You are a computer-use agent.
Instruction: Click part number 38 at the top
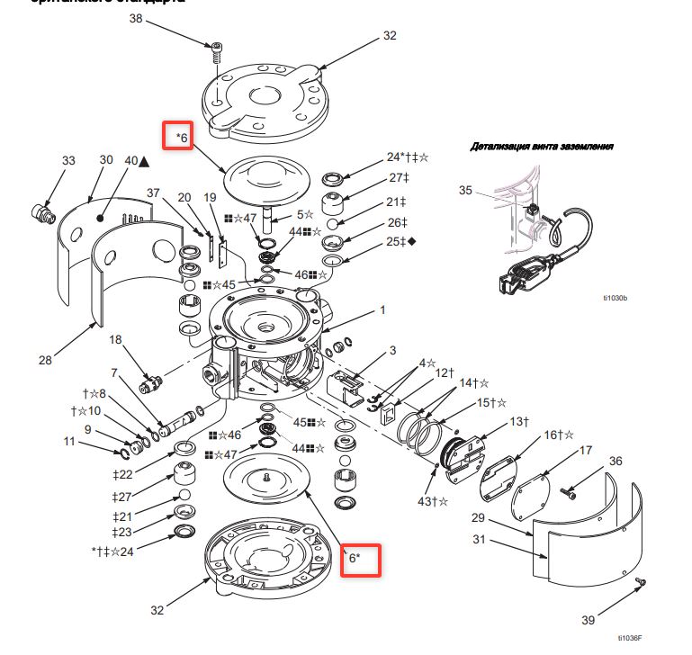(x=136, y=18)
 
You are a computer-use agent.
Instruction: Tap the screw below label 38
(x=217, y=51)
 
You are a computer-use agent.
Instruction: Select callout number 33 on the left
(x=69, y=160)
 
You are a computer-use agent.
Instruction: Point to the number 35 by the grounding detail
(x=465, y=191)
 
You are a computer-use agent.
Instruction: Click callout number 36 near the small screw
(x=616, y=461)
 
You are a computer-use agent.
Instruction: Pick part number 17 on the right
(x=585, y=449)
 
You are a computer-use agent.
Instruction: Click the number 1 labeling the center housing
(x=382, y=310)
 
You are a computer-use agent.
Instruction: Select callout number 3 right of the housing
(x=392, y=351)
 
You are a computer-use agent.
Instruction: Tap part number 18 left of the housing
(x=115, y=339)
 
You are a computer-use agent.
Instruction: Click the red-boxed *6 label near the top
(x=175, y=137)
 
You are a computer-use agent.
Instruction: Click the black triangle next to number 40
(x=144, y=161)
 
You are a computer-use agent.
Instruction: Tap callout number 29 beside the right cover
(x=479, y=518)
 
